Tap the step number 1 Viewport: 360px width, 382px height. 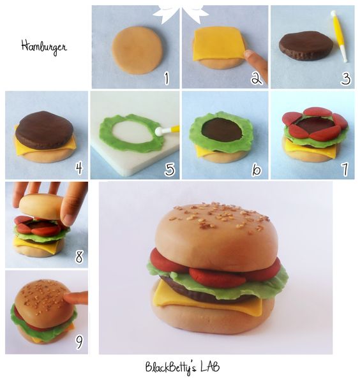point(165,78)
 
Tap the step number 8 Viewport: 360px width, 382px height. point(79,256)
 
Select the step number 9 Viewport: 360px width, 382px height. point(79,342)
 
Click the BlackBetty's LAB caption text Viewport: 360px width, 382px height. point(183,368)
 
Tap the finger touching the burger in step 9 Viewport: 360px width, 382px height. point(77,298)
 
